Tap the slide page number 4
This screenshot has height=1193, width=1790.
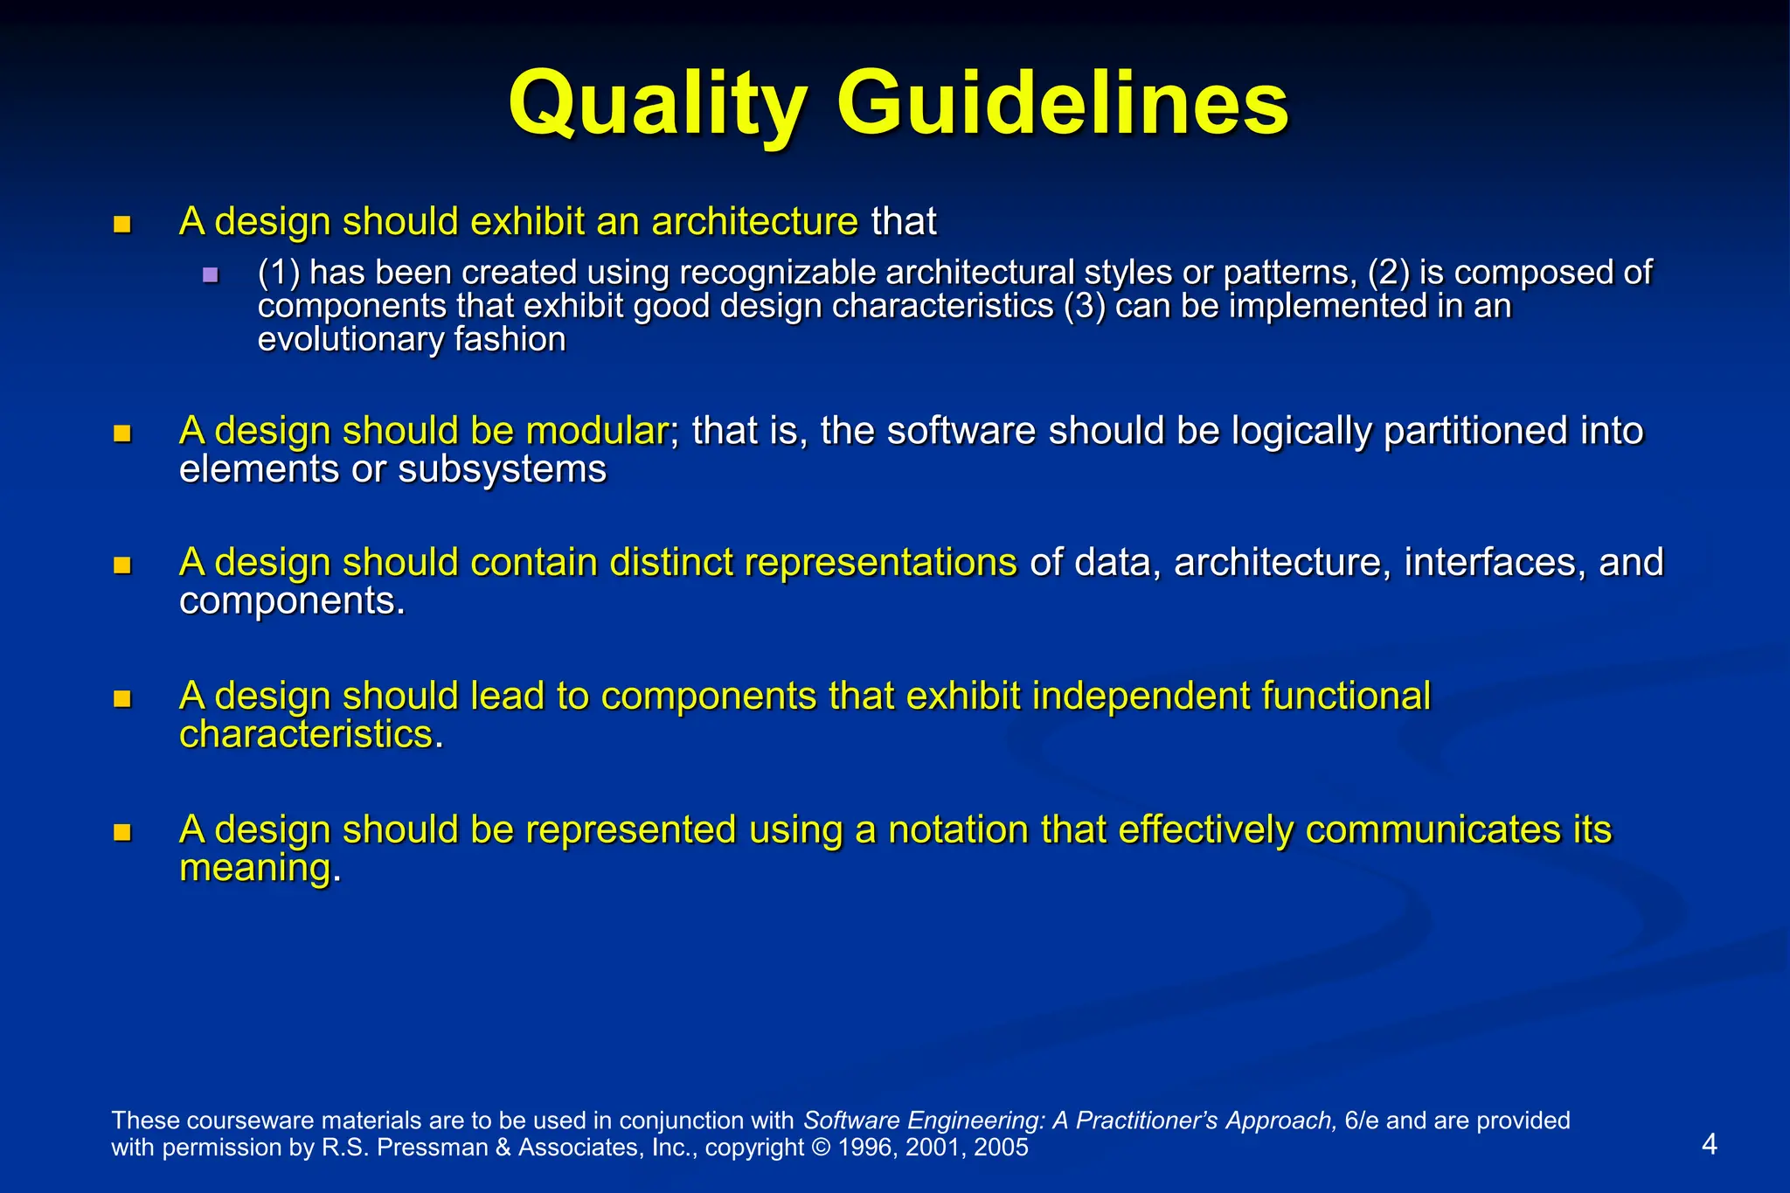click(1710, 1144)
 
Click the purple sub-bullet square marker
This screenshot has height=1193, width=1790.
click(210, 275)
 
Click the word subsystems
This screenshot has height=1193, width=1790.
click(502, 469)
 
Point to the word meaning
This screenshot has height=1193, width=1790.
click(255, 868)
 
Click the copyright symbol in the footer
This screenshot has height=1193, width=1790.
click(821, 1148)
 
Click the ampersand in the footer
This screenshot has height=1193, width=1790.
click(503, 1148)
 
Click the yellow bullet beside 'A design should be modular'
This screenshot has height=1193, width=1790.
click(122, 434)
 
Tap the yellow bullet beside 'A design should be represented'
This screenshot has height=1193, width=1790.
click(122, 832)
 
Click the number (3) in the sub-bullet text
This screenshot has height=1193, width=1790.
click(1085, 306)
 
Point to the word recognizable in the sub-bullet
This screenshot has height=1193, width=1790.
click(781, 273)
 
